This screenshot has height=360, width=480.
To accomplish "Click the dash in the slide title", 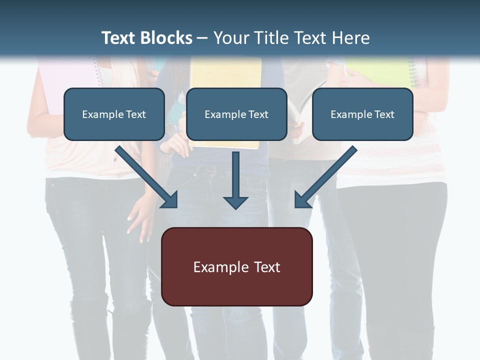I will click(x=202, y=38).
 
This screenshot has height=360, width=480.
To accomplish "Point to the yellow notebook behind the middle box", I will click(x=225, y=72).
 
